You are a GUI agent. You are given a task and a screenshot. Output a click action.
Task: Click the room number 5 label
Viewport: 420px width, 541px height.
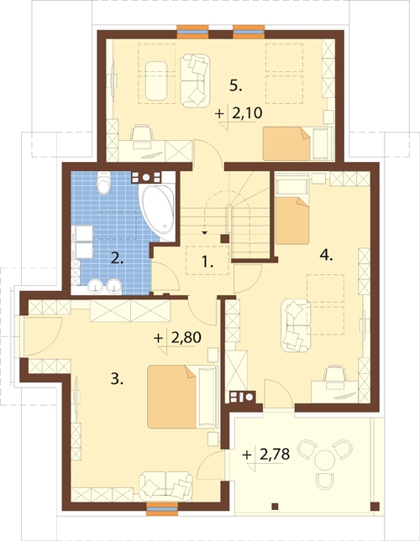[x=235, y=86]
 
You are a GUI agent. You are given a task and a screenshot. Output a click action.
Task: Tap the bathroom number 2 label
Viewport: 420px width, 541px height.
[x=117, y=258]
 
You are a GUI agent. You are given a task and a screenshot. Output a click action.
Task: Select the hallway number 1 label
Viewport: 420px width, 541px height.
[x=207, y=263]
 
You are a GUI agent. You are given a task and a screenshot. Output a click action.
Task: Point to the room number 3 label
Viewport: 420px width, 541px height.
[x=117, y=379]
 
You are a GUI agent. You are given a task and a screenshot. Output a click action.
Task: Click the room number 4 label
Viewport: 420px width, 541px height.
[x=327, y=256]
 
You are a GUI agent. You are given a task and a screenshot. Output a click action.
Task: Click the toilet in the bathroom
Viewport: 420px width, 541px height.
[x=103, y=182]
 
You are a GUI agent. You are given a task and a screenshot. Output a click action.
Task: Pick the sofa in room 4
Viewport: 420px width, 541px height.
[x=296, y=326]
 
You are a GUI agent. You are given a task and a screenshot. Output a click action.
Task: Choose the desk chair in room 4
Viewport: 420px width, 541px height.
[x=335, y=373]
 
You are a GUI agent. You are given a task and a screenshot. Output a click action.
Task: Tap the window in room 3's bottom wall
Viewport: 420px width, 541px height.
[x=162, y=508]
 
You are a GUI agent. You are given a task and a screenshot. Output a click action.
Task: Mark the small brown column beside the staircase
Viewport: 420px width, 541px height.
[x=225, y=238]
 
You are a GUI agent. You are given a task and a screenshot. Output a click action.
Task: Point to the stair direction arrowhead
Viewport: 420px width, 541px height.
[x=204, y=233]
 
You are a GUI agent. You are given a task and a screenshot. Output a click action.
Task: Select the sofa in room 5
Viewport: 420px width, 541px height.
[x=195, y=81]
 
